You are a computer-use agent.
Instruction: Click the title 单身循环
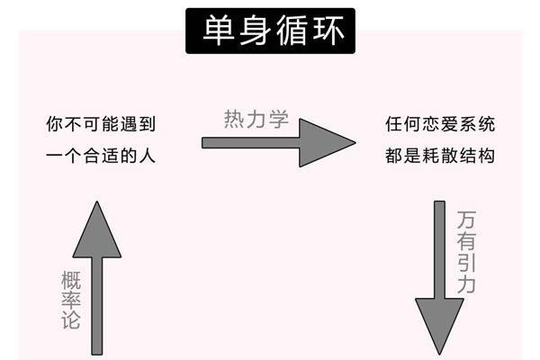(271, 31)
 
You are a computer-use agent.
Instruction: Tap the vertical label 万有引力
(467, 253)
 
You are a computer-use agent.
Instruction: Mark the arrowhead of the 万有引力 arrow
(438, 324)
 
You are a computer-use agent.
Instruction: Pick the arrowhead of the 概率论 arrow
(97, 229)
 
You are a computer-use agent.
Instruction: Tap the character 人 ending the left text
(148, 156)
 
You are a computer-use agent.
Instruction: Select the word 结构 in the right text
(476, 156)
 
